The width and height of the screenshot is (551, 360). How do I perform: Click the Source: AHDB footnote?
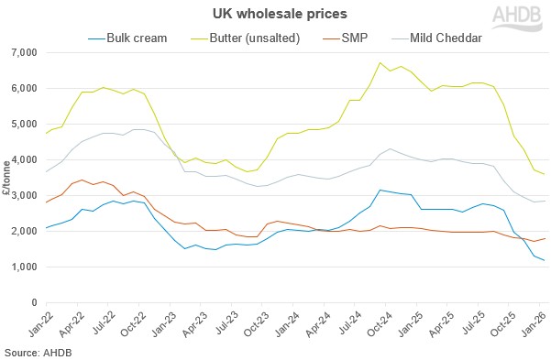point(37,351)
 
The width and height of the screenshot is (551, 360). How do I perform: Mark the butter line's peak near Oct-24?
point(380,62)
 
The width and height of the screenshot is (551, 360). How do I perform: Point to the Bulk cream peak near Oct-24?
point(380,190)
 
